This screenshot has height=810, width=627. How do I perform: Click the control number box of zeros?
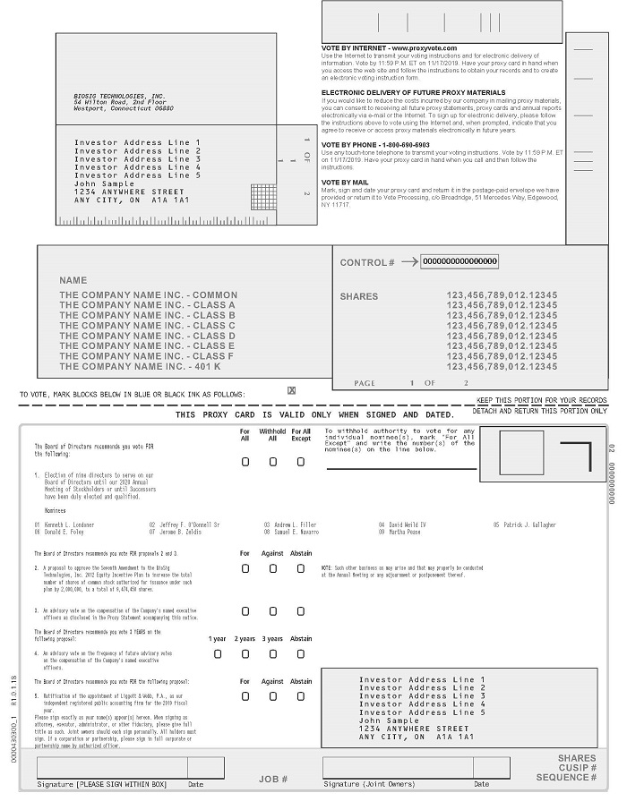pos(460,261)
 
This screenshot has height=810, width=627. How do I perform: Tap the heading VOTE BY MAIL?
pos(345,183)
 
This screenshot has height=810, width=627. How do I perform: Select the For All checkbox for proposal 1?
pos(245,462)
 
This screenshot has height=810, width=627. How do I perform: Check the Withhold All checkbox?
pos(272,462)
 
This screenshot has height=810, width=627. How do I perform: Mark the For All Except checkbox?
pos(301,462)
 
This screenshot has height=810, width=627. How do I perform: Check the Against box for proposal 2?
pos(272,568)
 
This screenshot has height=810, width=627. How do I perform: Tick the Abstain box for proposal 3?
pos(301,611)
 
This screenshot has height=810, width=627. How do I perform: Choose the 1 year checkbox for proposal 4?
pos(218,653)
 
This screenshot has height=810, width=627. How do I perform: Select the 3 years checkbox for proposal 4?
pos(272,653)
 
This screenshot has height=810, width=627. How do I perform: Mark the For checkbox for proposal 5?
pos(245,695)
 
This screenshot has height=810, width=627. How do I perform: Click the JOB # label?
pos(273,780)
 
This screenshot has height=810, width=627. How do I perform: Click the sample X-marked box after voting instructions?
pos(291,390)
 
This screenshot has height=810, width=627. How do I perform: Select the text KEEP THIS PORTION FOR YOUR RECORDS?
pos(541,400)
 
